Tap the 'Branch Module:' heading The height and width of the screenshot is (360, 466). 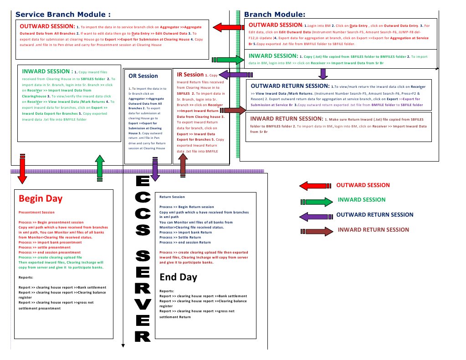[x=275, y=14]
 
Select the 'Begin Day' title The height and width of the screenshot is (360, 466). [x=41, y=199]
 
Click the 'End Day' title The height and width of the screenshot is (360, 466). [x=178, y=277]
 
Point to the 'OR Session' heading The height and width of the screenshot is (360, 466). [x=143, y=76]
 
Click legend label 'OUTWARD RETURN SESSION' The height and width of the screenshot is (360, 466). [x=374, y=215]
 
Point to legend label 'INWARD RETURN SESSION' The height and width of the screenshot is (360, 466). [x=373, y=230]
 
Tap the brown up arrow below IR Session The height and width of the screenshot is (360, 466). [x=183, y=165]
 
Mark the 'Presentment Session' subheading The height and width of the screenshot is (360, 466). [x=36, y=213]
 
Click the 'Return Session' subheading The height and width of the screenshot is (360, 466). [x=172, y=197]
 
